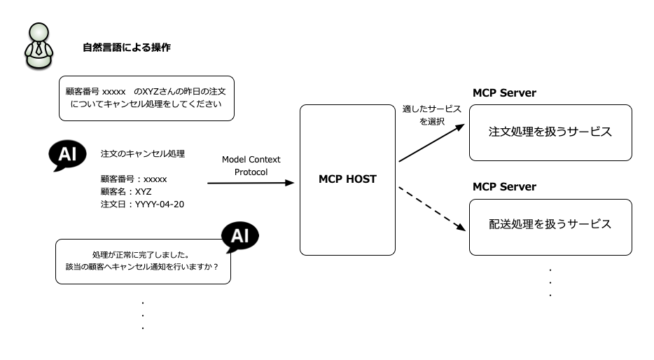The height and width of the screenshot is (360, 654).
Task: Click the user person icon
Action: (39, 46)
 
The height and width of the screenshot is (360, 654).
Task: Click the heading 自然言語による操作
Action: (127, 48)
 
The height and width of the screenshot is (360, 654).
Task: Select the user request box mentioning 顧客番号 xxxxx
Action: (146, 99)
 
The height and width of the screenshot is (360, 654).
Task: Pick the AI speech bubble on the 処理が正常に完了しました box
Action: (240, 237)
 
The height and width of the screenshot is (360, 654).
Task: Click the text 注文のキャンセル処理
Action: (143, 154)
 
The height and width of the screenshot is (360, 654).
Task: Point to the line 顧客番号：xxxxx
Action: (134, 179)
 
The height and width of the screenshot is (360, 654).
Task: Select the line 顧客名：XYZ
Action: (126, 192)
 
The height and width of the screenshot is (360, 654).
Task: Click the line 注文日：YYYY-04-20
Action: (142, 205)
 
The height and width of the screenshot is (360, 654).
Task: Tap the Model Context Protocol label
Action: (251, 165)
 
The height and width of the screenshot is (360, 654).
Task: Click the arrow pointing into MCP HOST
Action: (251, 183)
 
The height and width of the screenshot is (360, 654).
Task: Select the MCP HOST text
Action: (347, 179)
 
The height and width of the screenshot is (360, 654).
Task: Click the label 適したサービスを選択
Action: (432, 115)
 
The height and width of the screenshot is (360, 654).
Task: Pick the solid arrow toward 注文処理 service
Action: (432, 143)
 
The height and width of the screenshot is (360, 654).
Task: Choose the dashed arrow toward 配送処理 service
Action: (432, 209)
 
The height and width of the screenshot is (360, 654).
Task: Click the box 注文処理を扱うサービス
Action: (550, 132)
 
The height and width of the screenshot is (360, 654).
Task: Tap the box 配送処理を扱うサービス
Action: (550, 228)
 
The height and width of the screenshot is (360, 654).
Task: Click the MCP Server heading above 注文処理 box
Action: (504, 93)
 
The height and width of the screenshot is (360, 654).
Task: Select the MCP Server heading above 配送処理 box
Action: (504, 187)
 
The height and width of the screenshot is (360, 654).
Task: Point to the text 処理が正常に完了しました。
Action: (141, 254)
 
